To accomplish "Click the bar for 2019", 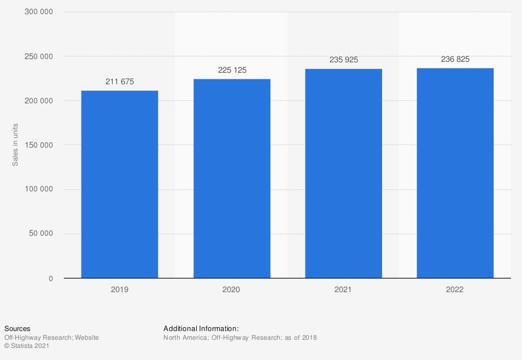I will coord(119,184).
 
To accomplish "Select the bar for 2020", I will coord(232,178).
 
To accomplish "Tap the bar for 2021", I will coord(343,173).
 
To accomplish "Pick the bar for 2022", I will coord(455,173).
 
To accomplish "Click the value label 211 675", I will coord(119,82).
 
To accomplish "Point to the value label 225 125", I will coord(232,70).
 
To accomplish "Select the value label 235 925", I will coord(343,60).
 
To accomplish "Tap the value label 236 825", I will coord(455,59).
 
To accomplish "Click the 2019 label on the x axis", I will coord(119,289).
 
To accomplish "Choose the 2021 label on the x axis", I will coord(343,289).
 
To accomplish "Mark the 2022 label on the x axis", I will coord(455,289).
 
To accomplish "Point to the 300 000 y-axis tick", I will coord(39,12).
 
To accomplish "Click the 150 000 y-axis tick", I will coord(39,145).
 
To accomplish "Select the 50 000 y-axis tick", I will coord(41,234).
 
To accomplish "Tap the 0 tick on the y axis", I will coord(50,278).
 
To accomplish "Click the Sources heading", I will coord(17,329).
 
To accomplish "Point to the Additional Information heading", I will coord(201,329).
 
